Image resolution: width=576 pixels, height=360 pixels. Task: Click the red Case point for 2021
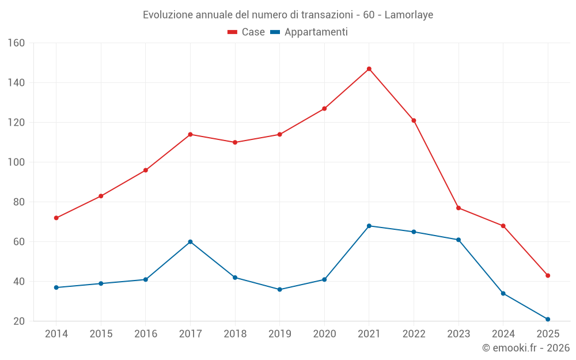pos(369,69)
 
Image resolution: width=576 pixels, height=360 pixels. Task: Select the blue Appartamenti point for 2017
pos(190,242)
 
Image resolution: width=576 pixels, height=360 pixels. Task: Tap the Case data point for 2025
pos(548,275)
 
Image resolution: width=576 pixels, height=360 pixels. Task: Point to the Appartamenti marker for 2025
pos(548,319)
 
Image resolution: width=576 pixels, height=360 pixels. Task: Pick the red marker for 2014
pos(56,218)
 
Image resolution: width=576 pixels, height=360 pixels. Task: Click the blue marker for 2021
pos(369,226)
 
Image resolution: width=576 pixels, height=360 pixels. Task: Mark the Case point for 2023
pos(458,208)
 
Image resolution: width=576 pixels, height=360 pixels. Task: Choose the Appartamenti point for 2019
pos(280,289)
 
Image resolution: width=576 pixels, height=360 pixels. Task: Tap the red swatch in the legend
pos(233,32)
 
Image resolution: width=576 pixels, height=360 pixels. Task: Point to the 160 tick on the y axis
pos(16,43)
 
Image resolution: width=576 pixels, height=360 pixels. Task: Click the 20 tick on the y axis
pos(18,321)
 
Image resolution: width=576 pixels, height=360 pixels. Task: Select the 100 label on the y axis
pos(16,162)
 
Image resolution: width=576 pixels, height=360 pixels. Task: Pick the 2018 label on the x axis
pos(235,334)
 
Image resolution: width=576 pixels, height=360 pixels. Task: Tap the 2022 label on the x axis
pos(414,334)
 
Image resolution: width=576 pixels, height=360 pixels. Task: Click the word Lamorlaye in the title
pos(408,14)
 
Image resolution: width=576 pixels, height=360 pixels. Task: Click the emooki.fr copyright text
pos(526,348)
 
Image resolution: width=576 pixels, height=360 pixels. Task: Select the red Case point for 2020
pos(324,108)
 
